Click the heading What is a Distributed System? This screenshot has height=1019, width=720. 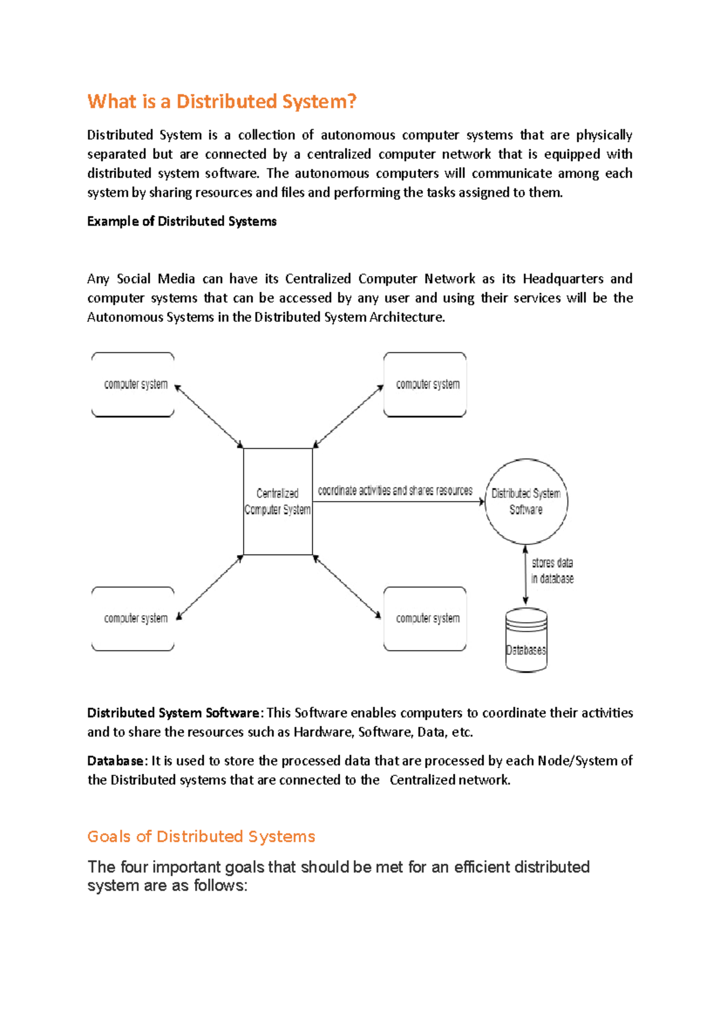pyautogui.click(x=222, y=101)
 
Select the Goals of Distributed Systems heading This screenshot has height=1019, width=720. pyautogui.click(x=201, y=837)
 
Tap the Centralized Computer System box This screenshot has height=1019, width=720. pyautogui.click(x=278, y=502)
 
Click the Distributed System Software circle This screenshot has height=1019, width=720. pyautogui.click(x=526, y=502)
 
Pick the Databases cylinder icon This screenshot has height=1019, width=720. pyautogui.click(x=526, y=640)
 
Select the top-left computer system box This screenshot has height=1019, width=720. pyautogui.click(x=133, y=385)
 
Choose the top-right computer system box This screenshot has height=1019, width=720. pyautogui.click(x=425, y=385)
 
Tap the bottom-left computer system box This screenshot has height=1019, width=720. pyautogui.click(x=133, y=619)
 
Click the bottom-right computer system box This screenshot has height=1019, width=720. pyautogui.click(x=425, y=619)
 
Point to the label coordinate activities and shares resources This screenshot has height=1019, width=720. pyautogui.click(x=395, y=491)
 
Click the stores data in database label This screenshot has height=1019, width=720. pyautogui.click(x=552, y=571)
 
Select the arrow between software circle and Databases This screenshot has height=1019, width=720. pyautogui.click(x=526, y=575)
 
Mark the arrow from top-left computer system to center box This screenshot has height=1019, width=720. pyautogui.click(x=209, y=416)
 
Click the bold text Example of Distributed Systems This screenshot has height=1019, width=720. pyautogui.click(x=182, y=221)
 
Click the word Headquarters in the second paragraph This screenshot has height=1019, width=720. pyautogui.click(x=563, y=279)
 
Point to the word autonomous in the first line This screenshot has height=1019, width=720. pyautogui.click(x=358, y=135)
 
